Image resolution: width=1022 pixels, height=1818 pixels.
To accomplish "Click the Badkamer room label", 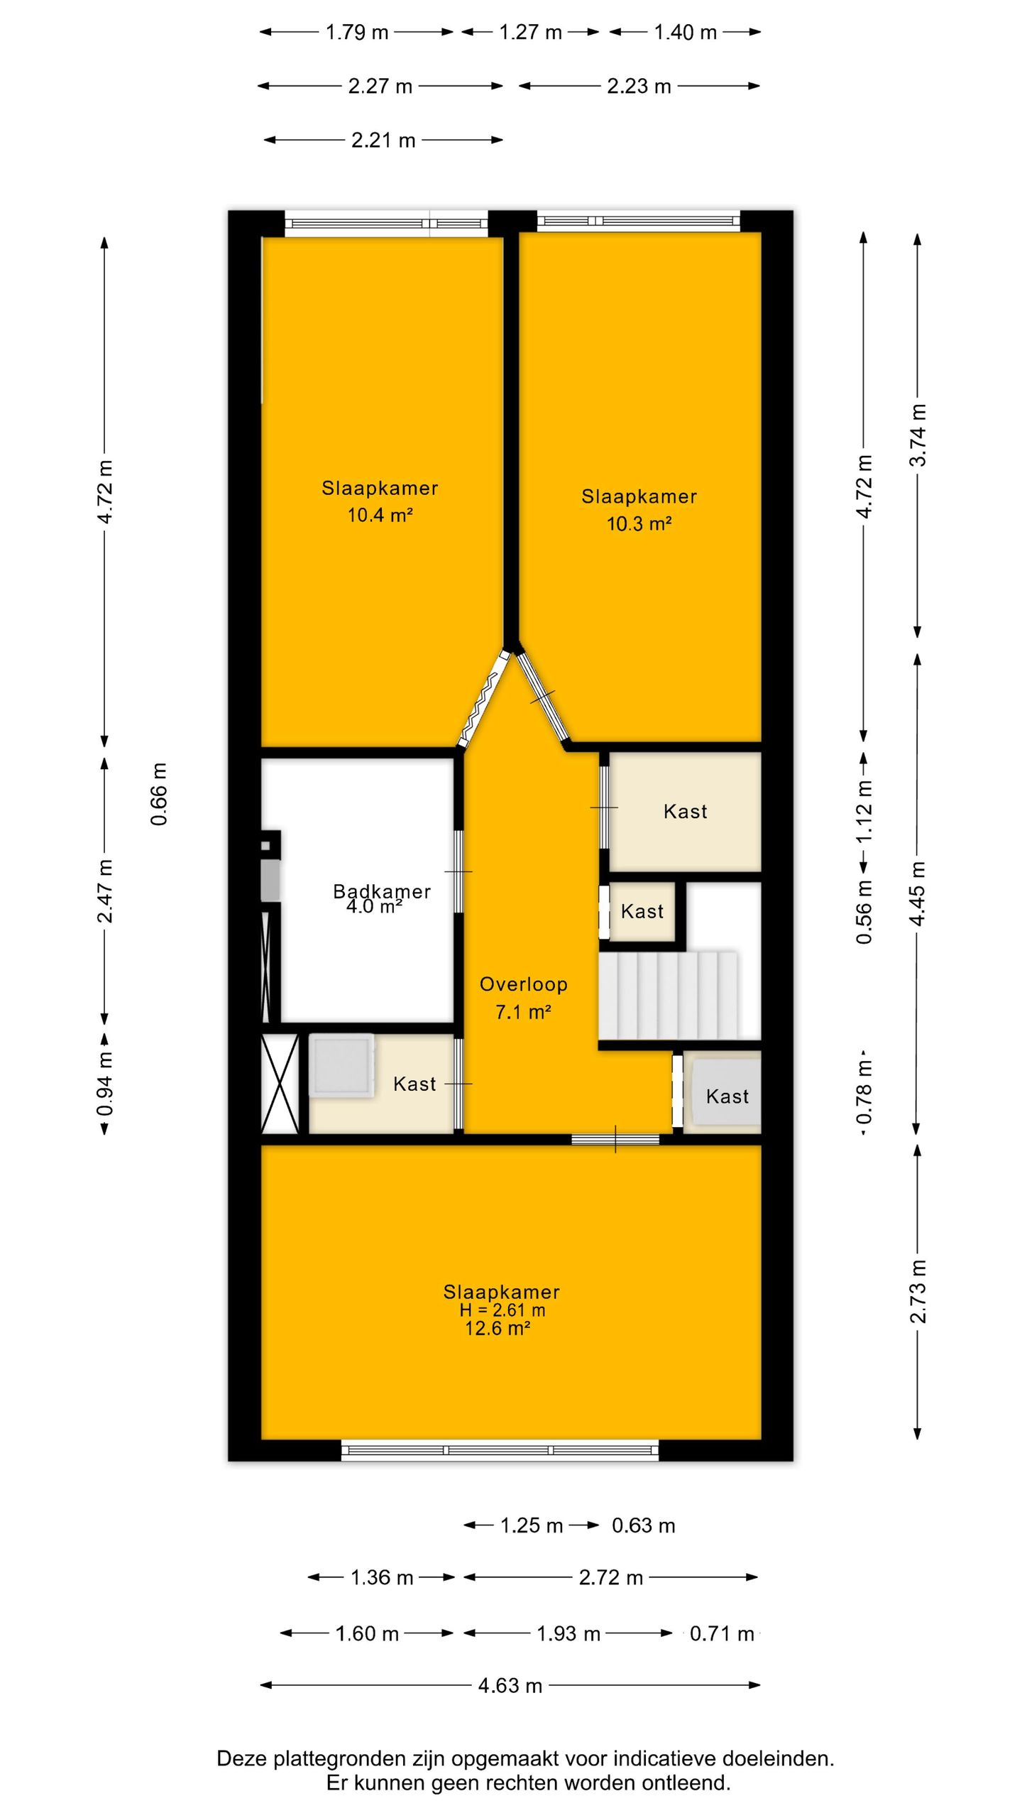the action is pyautogui.click(x=382, y=891).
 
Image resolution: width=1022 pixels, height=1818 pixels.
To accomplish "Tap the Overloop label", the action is pyautogui.click(x=524, y=984).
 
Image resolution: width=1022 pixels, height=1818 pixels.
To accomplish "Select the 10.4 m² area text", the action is pyautogui.click(x=380, y=515).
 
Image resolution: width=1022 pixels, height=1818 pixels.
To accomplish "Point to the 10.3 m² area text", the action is pyautogui.click(x=639, y=523).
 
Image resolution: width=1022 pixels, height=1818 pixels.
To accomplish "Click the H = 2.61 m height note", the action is pyautogui.click(x=502, y=1310).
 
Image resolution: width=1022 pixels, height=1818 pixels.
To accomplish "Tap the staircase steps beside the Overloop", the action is pyautogui.click(x=668, y=996).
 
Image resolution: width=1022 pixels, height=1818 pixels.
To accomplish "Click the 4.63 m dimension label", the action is pyautogui.click(x=510, y=1685).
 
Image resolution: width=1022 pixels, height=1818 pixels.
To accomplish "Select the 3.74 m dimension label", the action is pyautogui.click(x=918, y=435).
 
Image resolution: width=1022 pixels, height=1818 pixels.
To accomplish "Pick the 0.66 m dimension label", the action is pyautogui.click(x=159, y=794).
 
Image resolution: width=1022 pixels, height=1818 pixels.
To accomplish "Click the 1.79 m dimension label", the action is pyautogui.click(x=357, y=33).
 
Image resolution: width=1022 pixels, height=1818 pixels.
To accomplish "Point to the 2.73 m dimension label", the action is pyautogui.click(x=918, y=1292).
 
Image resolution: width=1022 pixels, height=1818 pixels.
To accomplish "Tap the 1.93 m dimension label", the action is pyautogui.click(x=568, y=1634).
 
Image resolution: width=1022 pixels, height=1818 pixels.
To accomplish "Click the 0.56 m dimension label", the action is pyautogui.click(x=864, y=913).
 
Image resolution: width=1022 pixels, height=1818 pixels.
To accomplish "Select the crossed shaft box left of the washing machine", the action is pyautogui.click(x=280, y=1084).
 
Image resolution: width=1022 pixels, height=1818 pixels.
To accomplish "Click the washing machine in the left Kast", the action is pyautogui.click(x=341, y=1065).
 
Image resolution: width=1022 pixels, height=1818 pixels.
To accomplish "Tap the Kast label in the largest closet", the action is pyautogui.click(x=686, y=811).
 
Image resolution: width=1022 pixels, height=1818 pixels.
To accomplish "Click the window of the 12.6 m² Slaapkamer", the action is pyautogui.click(x=500, y=1449).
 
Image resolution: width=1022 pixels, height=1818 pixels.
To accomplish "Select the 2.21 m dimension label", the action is pyautogui.click(x=383, y=140).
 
